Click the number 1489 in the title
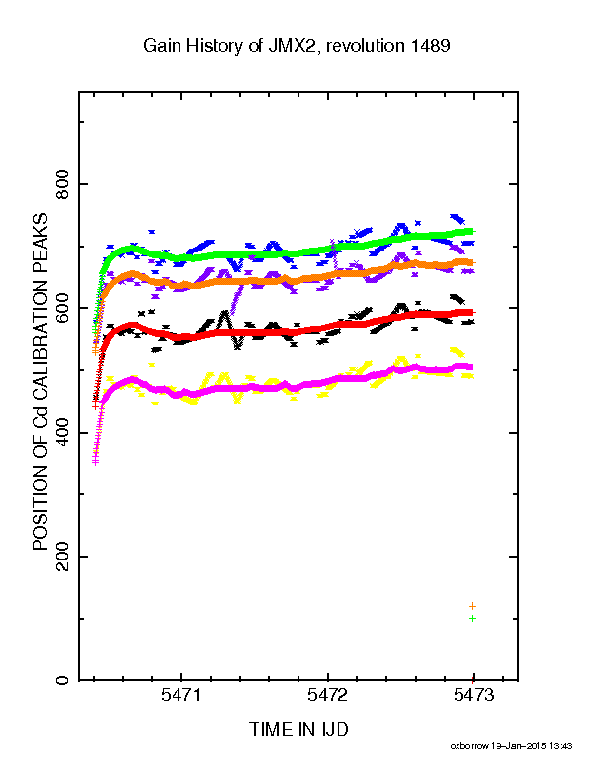click(430, 46)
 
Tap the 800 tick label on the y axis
click(62, 184)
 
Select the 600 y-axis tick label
click(62, 308)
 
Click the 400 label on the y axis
click(62, 432)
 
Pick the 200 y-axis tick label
click(62, 557)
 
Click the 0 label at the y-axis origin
click(62, 681)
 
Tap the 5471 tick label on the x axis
click(181, 695)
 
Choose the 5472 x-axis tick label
click(328, 695)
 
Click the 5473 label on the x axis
click(473, 695)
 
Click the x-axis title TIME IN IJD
click(298, 729)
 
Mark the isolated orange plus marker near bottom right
click(473, 606)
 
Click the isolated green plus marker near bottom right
click(473, 618)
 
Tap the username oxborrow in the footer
click(469, 746)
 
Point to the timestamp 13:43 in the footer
click(561, 746)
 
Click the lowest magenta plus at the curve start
click(95, 462)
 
